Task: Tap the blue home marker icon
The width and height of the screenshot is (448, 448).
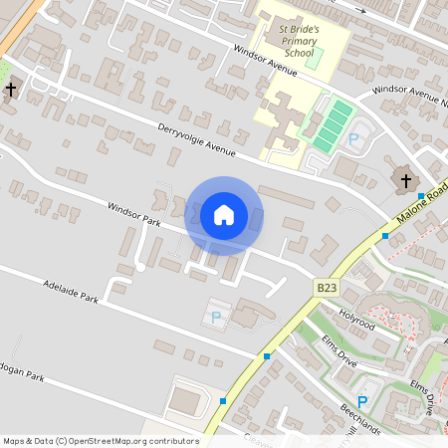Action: point(224,215)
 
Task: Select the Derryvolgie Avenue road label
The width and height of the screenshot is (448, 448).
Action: point(196,140)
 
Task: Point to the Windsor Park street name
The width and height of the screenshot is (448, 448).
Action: point(134,215)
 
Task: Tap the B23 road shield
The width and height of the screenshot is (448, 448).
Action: point(326,287)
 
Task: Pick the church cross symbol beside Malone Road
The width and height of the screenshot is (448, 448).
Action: point(405,180)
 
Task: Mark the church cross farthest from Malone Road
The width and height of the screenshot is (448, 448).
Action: point(11,90)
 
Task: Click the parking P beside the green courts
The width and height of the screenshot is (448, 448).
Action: point(353,137)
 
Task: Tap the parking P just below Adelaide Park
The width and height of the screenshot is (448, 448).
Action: point(216,318)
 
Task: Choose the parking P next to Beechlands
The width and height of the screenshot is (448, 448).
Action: point(362,401)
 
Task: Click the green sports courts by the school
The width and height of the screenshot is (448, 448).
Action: point(332,126)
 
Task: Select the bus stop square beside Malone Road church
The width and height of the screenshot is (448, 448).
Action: point(421,196)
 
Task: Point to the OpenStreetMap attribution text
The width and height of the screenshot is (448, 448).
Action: point(101,441)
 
